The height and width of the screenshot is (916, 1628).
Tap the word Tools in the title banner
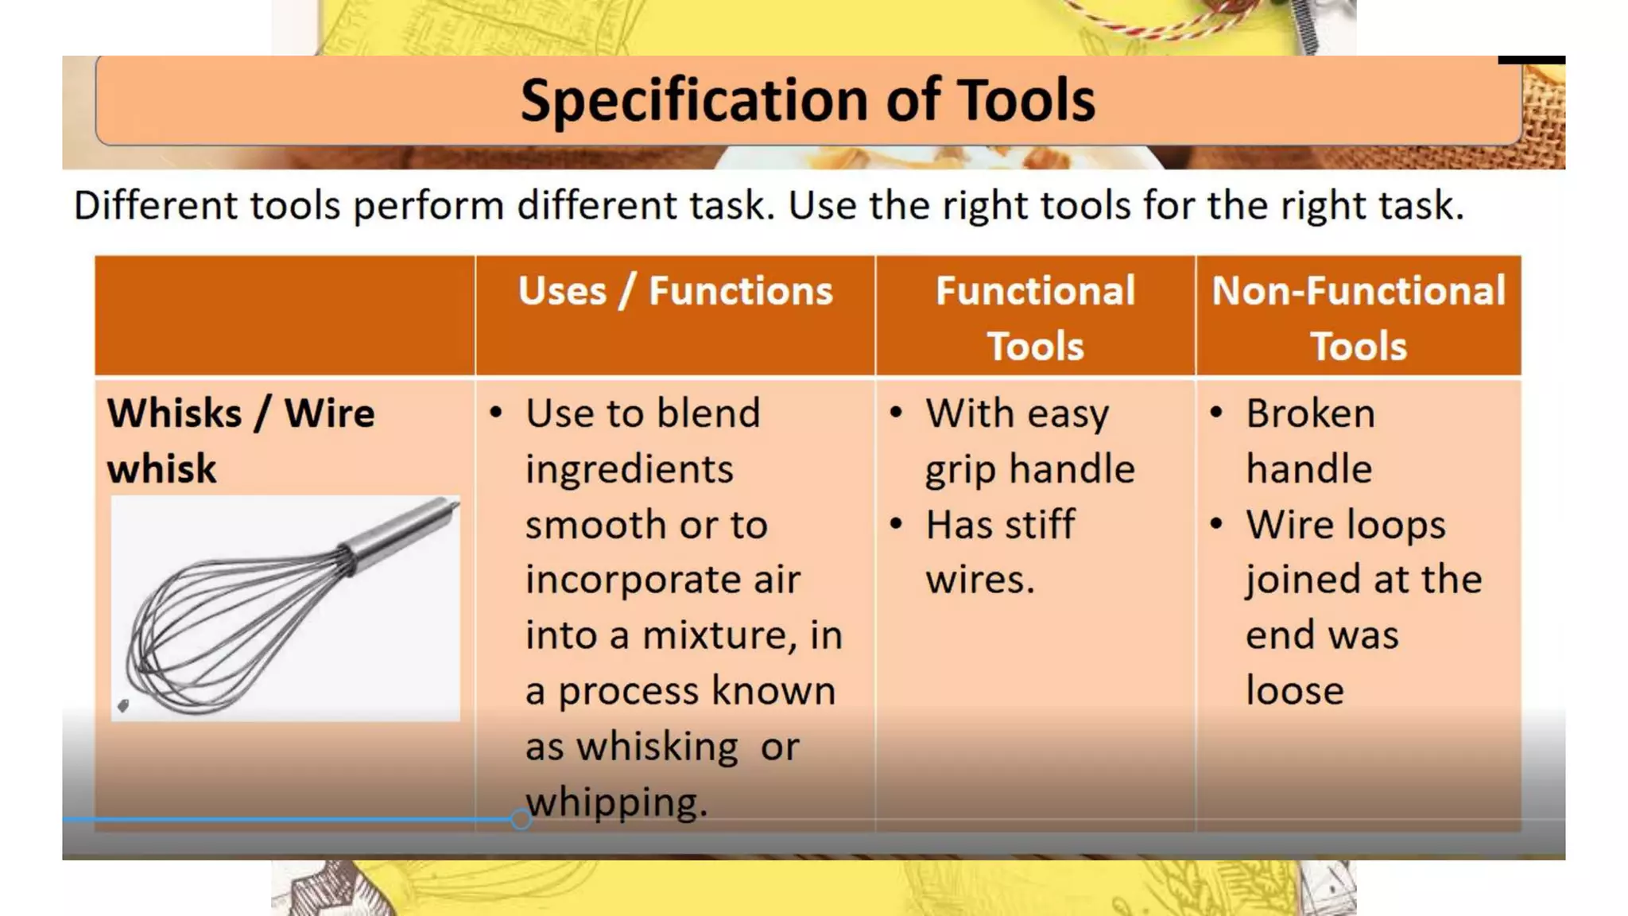(1025, 101)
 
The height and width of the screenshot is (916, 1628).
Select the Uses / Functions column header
(675, 291)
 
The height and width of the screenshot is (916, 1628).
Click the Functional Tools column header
(1035, 318)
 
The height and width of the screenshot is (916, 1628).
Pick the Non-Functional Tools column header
(1358, 318)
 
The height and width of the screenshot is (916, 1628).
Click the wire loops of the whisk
(215, 636)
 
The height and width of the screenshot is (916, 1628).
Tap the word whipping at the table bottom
(616, 801)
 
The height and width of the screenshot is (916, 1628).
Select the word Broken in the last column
(1310, 413)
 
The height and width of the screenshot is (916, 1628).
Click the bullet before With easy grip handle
(896, 413)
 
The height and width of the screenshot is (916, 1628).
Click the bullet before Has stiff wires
(896, 524)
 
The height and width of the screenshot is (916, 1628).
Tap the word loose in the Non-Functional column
(1294, 690)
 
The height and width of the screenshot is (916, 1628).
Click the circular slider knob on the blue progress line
(521, 819)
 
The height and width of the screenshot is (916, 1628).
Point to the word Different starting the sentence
(156, 205)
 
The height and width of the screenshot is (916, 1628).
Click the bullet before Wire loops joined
(1216, 524)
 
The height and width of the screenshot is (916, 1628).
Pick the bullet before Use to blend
(496, 413)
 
